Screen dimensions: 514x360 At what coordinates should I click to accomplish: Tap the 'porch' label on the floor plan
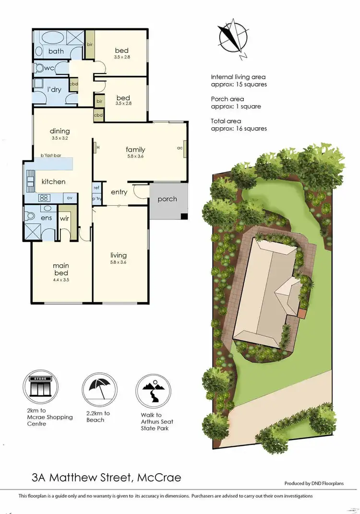pyautogui.click(x=167, y=199)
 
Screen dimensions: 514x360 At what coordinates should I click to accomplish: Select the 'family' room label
pyautogui.click(x=135, y=149)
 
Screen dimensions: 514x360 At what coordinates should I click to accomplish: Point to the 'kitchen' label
pyautogui.click(x=53, y=182)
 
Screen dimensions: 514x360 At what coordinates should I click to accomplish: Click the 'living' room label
pyautogui.click(x=119, y=255)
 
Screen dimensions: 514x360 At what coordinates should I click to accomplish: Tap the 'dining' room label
pyautogui.click(x=60, y=131)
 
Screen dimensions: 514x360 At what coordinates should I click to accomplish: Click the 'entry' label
pyautogui.click(x=119, y=192)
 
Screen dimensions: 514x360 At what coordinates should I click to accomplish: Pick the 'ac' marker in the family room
pyautogui.click(x=180, y=148)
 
